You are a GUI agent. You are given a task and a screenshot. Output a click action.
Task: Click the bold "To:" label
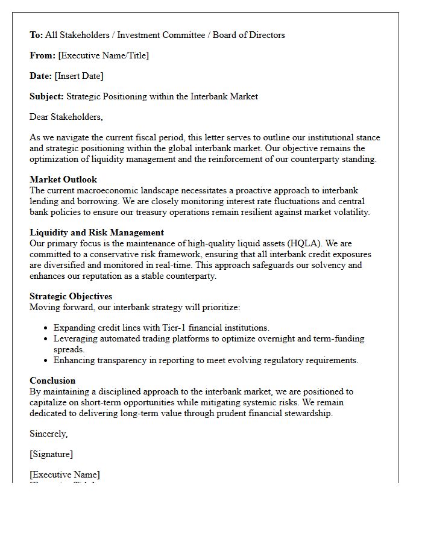coord(36,35)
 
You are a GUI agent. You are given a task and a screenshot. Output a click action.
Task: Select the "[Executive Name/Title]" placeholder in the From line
coord(103,55)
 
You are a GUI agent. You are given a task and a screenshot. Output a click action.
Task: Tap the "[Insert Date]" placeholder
coord(79,76)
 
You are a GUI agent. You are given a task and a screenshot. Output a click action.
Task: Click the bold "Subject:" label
coord(46,96)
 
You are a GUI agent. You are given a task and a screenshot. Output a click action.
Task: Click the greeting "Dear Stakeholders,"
coord(66,117)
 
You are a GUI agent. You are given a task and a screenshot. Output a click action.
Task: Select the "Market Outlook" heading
coord(63,179)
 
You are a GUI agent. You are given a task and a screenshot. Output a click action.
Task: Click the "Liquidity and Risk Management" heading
coord(96,232)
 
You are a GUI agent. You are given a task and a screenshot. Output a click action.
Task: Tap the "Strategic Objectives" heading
coord(71,296)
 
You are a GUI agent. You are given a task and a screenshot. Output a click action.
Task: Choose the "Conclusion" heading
coord(52,381)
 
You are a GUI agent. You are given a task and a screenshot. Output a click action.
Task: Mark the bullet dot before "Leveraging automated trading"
coord(46,339)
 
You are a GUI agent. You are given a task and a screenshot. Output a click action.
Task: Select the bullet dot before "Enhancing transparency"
coord(46,361)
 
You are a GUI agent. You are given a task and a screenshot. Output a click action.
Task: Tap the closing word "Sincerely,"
coord(49,434)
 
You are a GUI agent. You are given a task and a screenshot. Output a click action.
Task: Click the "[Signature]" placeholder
coord(51,454)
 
